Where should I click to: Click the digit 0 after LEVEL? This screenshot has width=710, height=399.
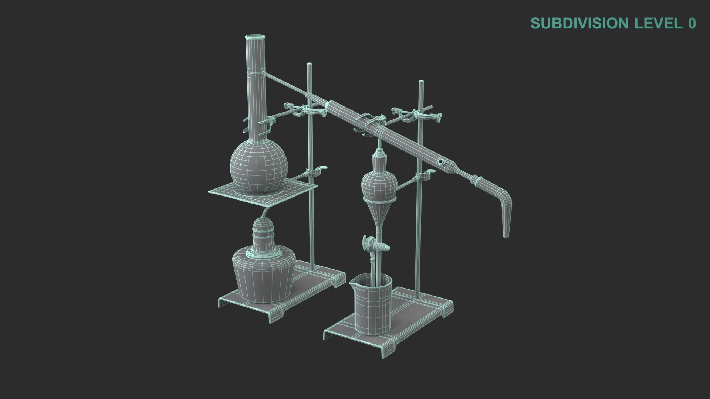[x=692, y=23]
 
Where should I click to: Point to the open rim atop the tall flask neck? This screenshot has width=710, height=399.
[x=255, y=37]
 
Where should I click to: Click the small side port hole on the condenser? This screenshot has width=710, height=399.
[x=441, y=161]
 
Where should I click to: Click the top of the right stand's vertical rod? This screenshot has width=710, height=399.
[x=421, y=82]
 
